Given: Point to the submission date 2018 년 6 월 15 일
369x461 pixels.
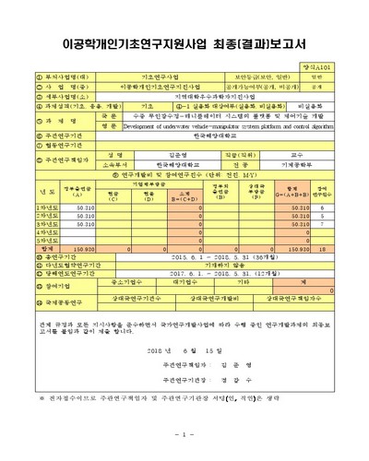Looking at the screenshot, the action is (184, 352).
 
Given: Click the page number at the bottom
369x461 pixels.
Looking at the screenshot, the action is (184, 433).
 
